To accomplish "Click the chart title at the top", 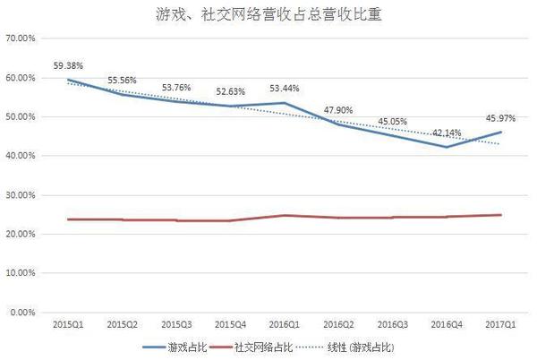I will (x=268, y=15).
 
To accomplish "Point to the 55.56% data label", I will (x=124, y=80).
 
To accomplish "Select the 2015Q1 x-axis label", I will (x=69, y=323).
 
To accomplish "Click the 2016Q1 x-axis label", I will (x=284, y=323).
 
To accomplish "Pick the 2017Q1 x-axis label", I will (x=499, y=323).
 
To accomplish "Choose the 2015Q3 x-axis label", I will (x=176, y=323).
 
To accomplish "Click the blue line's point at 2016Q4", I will (x=445, y=147).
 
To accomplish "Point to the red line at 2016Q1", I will (x=284, y=215).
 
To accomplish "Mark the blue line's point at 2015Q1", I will (x=69, y=80).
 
